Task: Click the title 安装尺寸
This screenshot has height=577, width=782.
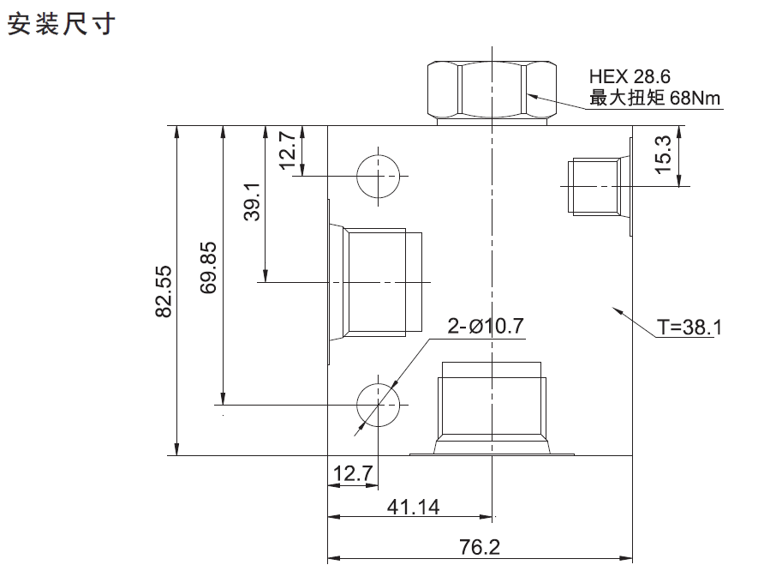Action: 62,23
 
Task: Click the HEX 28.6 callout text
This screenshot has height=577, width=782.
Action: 630,76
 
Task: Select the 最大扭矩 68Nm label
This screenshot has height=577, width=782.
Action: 655,98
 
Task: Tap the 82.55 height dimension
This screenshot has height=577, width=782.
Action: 164,291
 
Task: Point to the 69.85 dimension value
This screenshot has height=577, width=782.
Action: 208,267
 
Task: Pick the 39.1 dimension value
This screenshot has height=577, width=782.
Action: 253,201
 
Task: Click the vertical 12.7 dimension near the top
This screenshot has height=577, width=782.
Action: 288,150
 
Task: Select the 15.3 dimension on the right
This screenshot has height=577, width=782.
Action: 663,154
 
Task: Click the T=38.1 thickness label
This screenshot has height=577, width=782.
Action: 689,328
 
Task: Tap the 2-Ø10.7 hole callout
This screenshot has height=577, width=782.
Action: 486,326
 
